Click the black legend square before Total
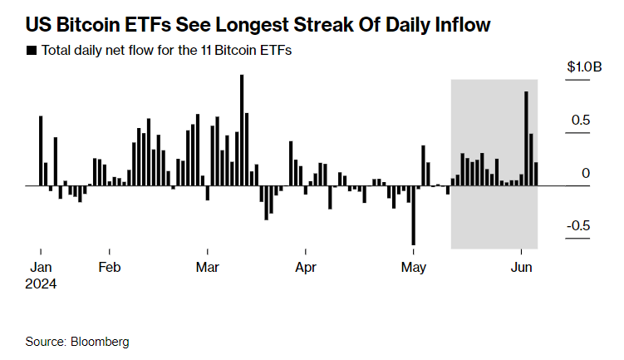tap(32, 51)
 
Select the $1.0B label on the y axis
tap(584, 67)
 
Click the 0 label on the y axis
tap(587, 174)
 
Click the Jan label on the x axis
tap(41, 268)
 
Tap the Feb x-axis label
tap(110, 268)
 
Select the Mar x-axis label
tap(208, 268)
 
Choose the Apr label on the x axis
tap(306, 268)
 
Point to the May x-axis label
tap(414, 268)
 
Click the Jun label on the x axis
tap(521, 268)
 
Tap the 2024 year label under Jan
tap(42, 284)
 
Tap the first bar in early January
tap(41, 150)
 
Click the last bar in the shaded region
tap(536, 174)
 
